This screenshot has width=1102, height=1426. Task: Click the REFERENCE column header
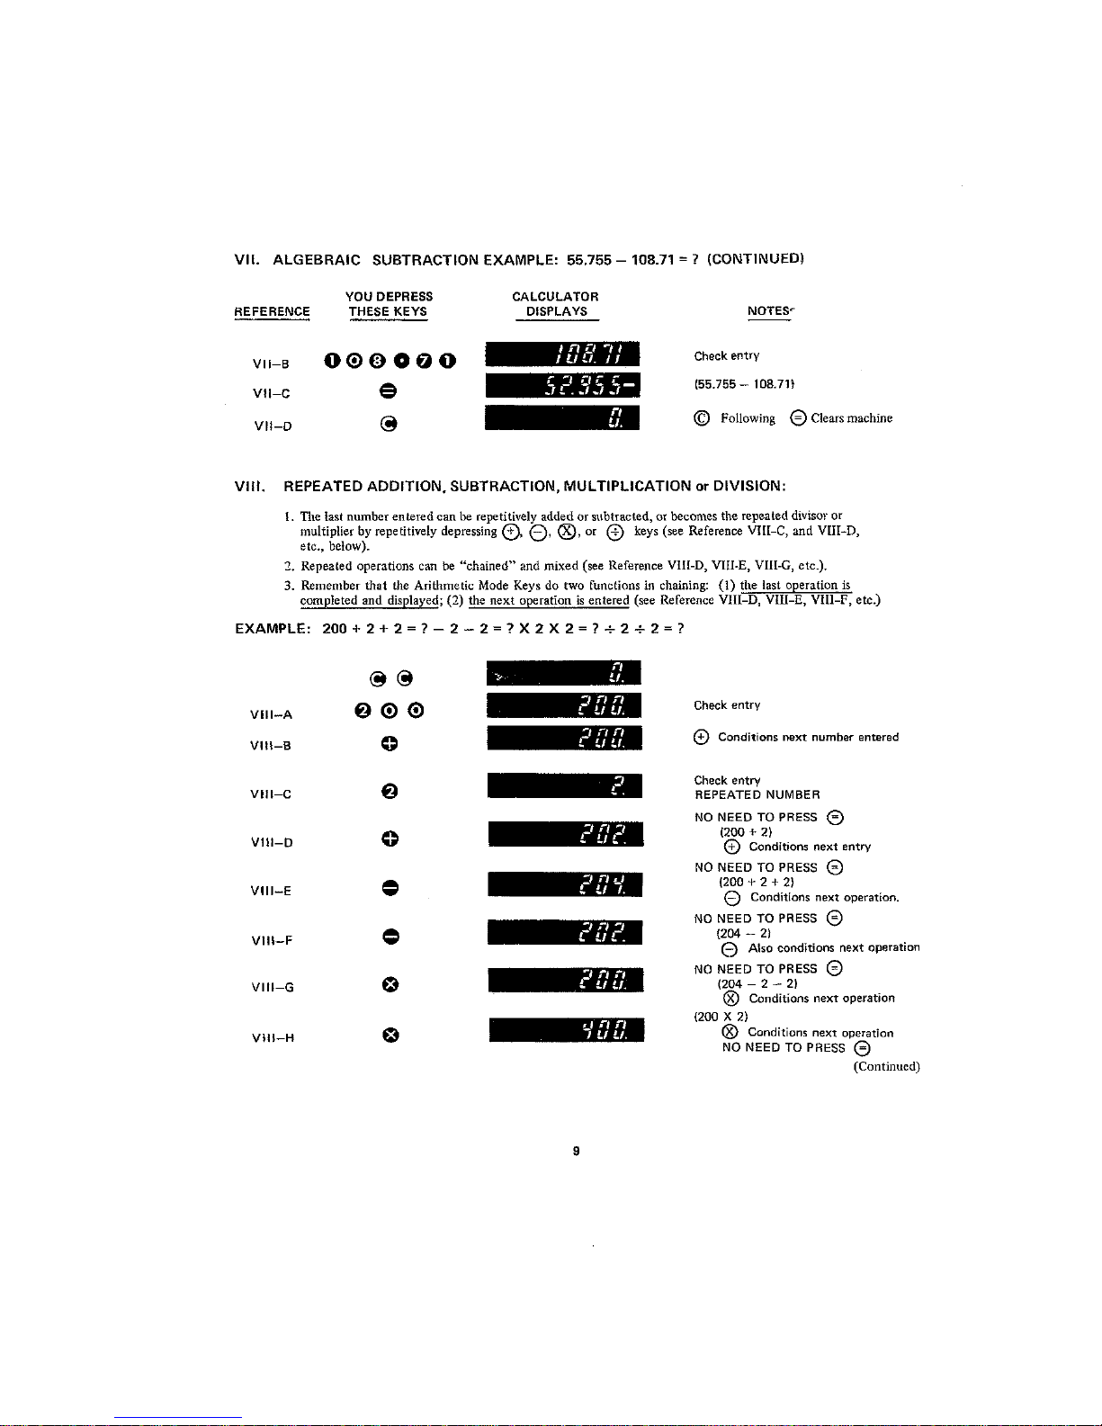coord(272,311)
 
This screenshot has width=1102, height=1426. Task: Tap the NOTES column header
coord(769,311)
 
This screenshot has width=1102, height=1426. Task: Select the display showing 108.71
coord(562,355)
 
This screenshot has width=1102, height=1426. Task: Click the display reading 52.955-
coord(562,385)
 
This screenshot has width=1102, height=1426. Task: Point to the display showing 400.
coord(567,1029)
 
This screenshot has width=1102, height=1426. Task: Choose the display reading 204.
coord(566,884)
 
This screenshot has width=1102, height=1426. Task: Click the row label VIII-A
coord(271,715)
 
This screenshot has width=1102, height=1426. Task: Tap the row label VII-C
coord(271,393)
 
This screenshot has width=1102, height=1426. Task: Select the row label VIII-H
coord(273,1037)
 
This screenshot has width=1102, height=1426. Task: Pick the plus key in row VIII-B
coord(389,744)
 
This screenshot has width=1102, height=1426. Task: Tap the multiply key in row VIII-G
coord(389,984)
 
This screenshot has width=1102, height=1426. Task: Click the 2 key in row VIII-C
coord(389,792)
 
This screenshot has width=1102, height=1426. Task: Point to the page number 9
coord(576,1151)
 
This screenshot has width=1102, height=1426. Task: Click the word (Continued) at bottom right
coord(886,1067)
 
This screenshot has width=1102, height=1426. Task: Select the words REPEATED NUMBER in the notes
coord(757,795)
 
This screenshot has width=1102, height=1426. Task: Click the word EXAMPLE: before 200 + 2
coord(273,629)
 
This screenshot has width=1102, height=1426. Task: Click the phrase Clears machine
coord(851,418)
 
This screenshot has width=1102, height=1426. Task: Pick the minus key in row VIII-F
coord(389,937)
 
